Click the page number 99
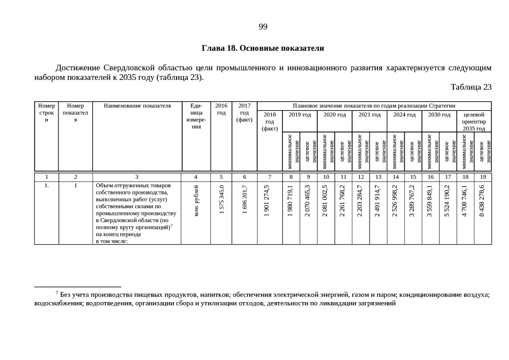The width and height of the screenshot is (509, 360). pyautogui.click(x=263, y=27)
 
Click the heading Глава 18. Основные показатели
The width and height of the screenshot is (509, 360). pyautogui.click(x=263, y=48)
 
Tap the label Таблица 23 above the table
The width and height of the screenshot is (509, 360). pyautogui.click(x=471, y=87)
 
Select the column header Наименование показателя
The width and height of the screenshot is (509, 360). pyautogui.click(x=137, y=106)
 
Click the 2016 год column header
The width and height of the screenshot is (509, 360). pyautogui.click(x=221, y=109)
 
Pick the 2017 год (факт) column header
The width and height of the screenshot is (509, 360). pyautogui.click(x=244, y=112)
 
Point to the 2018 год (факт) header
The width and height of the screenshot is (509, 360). pyautogui.click(x=269, y=121)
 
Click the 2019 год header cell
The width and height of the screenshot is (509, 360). pyautogui.click(x=300, y=114)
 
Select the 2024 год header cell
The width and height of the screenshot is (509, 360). pyautogui.click(x=404, y=114)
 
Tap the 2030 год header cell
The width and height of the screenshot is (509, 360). pyautogui.click(x=439, y=114)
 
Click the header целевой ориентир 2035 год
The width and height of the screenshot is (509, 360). pyautogui.click(x=474, y=121)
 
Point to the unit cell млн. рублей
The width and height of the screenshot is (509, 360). pyautogui.click(x=196, y=201)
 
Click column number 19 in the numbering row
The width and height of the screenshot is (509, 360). pyautogui.click(x=483, y=177)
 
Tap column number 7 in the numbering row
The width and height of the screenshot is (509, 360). pyautogui.click(x=269, y=177)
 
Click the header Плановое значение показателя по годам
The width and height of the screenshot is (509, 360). pyautogui.click(x=374, y=106)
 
